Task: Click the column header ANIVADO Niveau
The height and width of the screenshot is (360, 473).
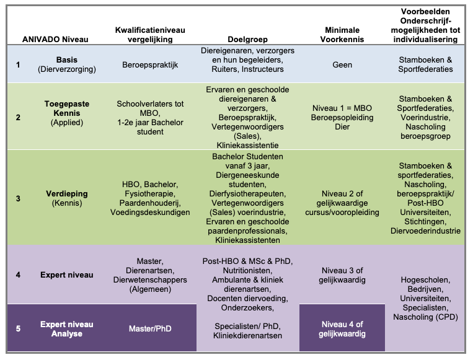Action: click(55, 39)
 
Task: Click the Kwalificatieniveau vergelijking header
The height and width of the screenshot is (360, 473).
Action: click(150, 34)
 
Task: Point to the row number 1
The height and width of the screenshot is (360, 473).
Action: click(18, 64)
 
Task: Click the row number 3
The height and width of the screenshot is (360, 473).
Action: click(18, 198)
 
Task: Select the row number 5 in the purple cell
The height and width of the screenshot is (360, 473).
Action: click(18, 328)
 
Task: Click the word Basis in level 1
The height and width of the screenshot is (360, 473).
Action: click(67, 59)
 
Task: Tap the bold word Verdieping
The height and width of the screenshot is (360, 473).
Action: click(67, 193)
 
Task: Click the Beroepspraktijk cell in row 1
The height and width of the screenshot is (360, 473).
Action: click(150, 64)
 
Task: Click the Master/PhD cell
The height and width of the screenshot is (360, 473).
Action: click(150, 328)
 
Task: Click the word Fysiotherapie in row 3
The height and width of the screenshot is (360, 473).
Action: click(150, 193)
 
